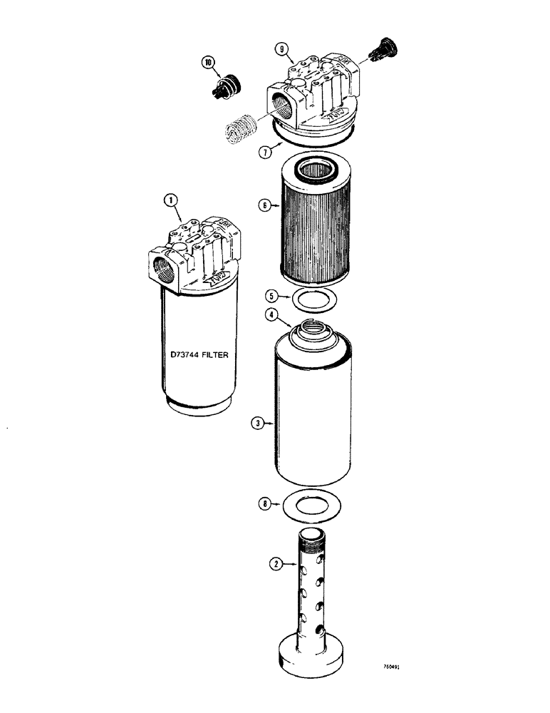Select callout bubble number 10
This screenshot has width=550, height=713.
(209, 63)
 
